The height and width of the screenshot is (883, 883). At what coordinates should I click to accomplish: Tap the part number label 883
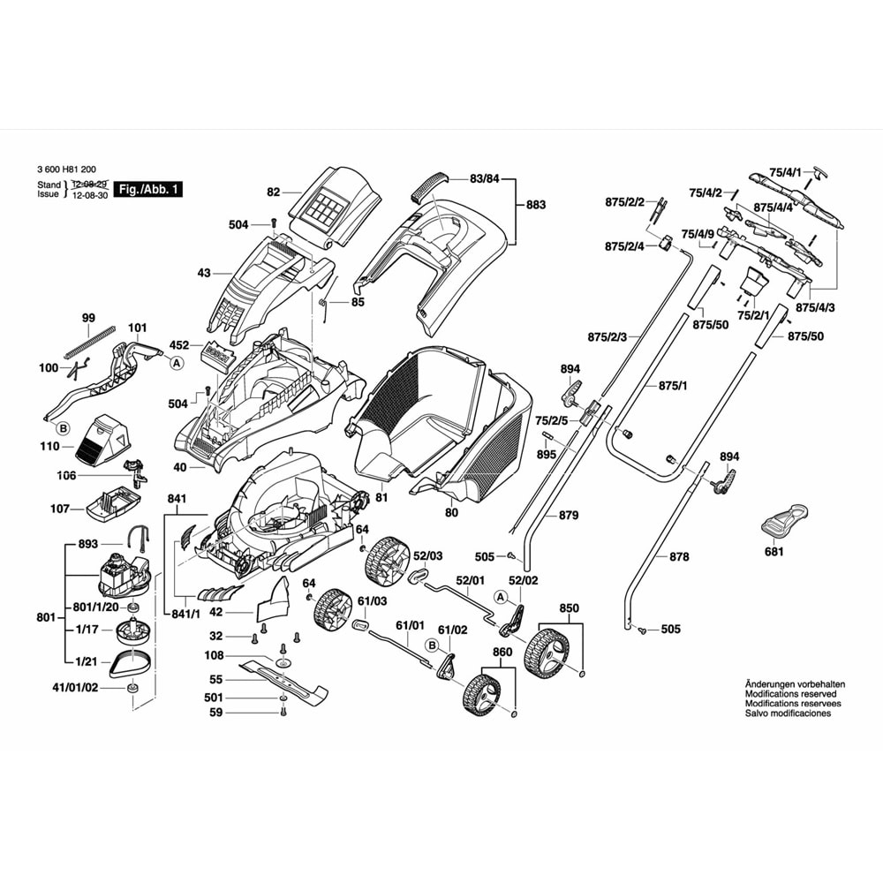535,204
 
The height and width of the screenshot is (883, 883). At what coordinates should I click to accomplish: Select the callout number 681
774,552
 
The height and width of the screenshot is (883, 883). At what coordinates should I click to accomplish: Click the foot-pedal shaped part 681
783,520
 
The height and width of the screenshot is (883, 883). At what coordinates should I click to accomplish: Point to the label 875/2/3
607,336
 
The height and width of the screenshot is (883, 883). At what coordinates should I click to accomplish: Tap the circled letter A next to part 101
177,362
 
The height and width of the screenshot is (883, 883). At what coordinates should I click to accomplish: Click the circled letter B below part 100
63,429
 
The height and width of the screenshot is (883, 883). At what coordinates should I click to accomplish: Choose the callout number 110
49,446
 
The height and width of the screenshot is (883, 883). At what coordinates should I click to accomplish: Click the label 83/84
485,179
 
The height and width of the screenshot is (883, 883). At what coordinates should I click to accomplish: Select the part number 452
179,345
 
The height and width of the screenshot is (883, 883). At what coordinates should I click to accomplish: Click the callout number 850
570,608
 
